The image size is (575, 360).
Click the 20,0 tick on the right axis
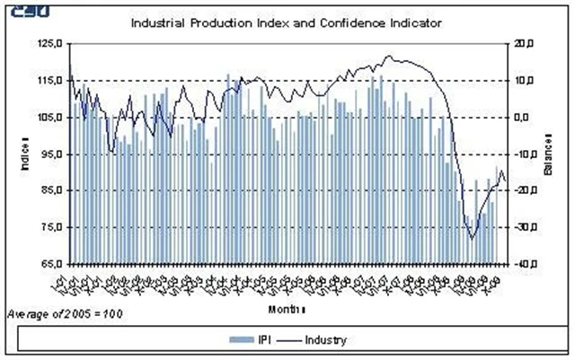pos(526,43)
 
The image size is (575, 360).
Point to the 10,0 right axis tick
pos(526,80)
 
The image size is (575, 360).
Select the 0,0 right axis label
pos(524,117)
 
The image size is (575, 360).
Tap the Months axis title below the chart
pos(287,310)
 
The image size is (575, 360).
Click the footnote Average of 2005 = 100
pos(64,314)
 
